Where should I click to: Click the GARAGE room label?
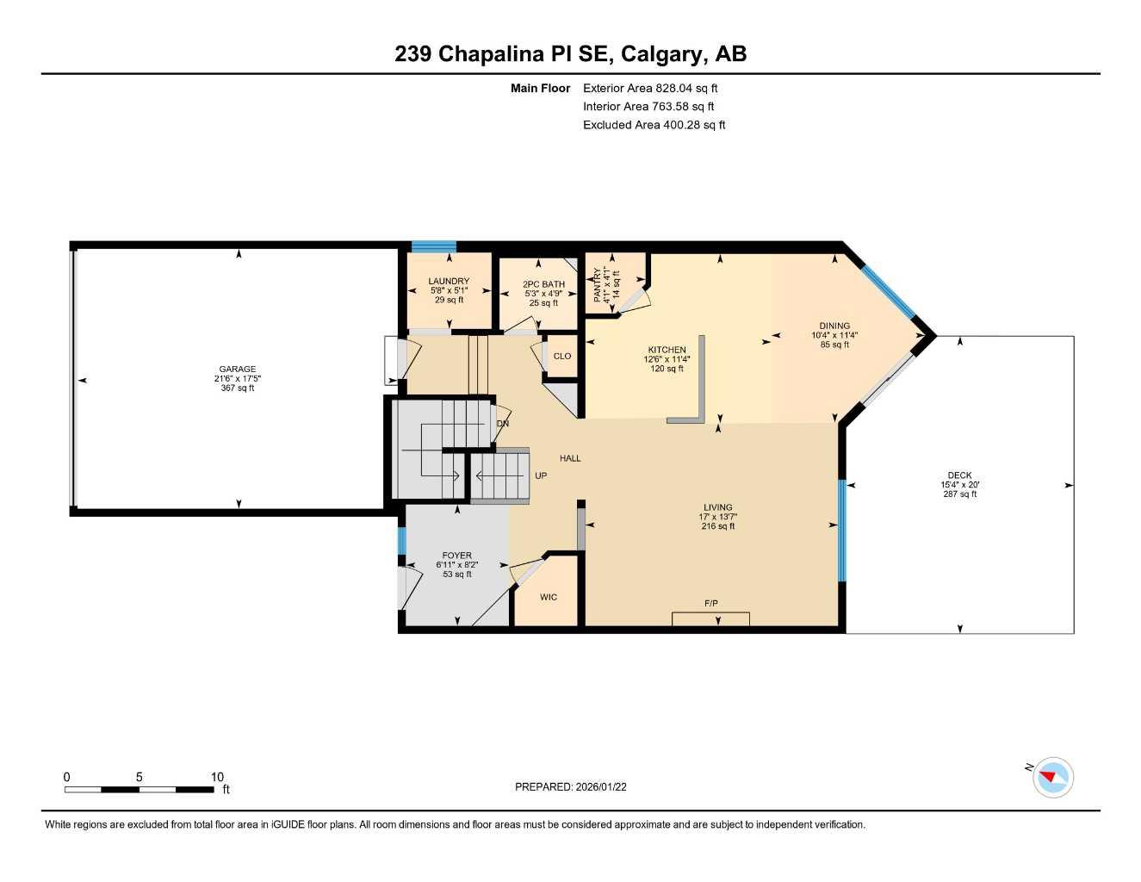[237, 370]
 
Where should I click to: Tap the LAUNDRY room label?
[449, 281]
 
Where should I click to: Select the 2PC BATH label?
[543, 284]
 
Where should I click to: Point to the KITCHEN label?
[667, 350]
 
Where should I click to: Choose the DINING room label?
[834, 326]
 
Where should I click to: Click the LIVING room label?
[717, 507]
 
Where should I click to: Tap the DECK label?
[959, 475]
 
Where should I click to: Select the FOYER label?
[456, 556]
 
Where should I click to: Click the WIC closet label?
[548, 597]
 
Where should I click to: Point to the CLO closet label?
[561, 357]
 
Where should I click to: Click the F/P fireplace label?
[710, 604]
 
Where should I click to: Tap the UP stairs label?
[541, 475]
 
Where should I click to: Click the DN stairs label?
[502, 424]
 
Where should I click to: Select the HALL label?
[570, 458]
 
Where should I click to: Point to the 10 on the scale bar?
[217, 777]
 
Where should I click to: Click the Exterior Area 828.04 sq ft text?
[650, 88]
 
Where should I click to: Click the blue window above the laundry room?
[433, 247]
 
